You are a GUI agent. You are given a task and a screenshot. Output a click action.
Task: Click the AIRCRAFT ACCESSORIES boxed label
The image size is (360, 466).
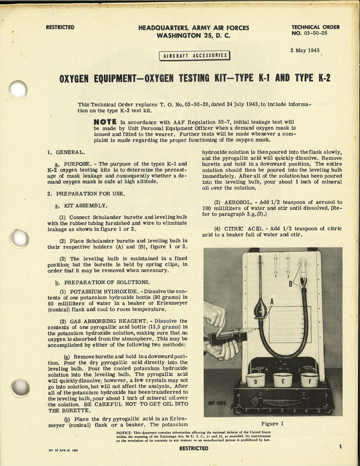[195, 56]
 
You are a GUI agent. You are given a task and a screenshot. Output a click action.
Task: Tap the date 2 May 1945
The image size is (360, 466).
[305, 51]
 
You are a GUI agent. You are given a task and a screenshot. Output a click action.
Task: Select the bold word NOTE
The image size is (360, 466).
[105, 122]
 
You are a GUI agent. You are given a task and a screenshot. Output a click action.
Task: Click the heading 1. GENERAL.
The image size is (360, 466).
[66, 152]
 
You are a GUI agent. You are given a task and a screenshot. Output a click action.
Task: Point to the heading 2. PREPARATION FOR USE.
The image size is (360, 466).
[86, 194]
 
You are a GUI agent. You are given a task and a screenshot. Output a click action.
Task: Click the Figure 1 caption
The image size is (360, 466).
[272, 424]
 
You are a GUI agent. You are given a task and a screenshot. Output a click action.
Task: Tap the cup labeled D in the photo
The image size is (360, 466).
[256, 381]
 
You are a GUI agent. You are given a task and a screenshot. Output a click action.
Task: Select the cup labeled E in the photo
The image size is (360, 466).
[283, 381]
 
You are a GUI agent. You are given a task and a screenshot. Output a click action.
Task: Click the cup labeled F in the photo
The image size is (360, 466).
[309, 381]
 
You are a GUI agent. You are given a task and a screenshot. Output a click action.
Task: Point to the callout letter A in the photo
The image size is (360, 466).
[272, 302]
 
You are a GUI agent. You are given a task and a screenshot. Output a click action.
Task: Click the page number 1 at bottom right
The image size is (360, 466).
[341, 447]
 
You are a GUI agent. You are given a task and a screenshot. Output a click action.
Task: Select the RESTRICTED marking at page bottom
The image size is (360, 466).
[194, 448]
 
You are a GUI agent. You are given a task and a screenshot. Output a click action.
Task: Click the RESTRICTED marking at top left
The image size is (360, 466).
[60, 27]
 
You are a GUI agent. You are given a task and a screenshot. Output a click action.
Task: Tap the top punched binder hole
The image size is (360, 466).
[18, 90]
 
